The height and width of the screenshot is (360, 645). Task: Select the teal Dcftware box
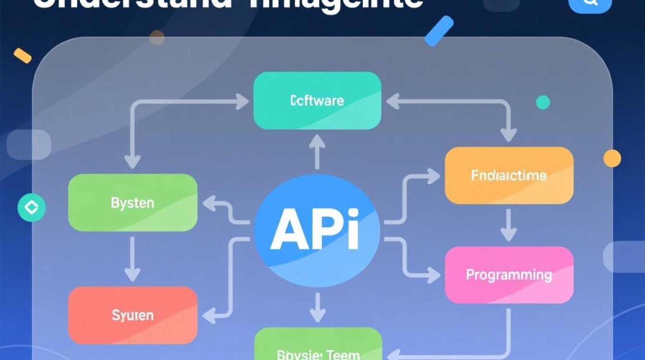point(317,101)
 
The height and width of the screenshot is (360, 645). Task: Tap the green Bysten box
point(132,203)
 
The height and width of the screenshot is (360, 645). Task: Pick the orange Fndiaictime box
point(509,175)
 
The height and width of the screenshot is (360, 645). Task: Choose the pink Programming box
point(509,275)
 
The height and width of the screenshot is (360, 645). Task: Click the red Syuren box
point(132,315)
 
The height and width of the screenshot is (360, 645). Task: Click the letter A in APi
point(288,229)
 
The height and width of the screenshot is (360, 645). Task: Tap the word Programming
point(509,275)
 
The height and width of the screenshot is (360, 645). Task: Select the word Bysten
point(132,203)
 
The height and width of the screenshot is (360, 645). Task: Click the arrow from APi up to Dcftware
point(317,151)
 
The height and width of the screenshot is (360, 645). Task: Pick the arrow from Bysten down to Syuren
point(132,259)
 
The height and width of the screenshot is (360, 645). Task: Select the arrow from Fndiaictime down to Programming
point(509,225)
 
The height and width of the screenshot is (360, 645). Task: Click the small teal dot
point(543,102)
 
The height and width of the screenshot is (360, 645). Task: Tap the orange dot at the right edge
point(612,158)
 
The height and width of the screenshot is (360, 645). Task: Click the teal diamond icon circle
point(32,208)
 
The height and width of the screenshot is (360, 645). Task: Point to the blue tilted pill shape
point(439,31)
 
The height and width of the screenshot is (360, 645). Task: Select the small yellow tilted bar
point(23,56)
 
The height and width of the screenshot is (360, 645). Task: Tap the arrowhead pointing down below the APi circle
point(317,314)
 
